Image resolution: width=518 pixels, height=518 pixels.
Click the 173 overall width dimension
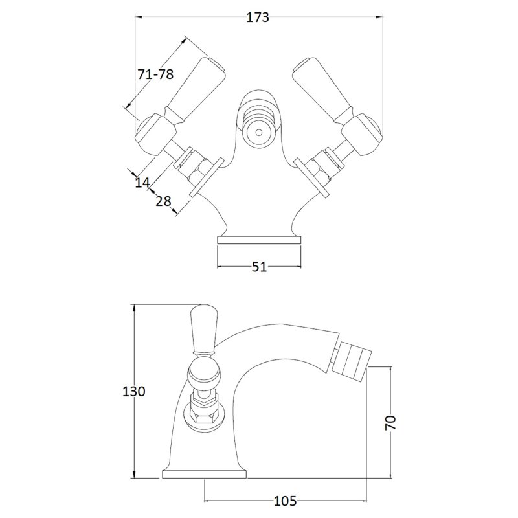point(258,17)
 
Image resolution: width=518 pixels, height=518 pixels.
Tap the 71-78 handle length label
point(155,74)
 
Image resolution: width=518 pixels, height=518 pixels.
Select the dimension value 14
point(142,183)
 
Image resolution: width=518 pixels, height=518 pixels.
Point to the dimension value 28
point(164,201)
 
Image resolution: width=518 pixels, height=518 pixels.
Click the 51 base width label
point(259,267)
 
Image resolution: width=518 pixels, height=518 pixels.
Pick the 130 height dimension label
point(134,391)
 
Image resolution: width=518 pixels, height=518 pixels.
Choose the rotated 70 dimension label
point(390,423)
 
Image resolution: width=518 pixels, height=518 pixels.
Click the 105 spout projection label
point(285,501)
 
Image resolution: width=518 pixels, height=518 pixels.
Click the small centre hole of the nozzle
point(259,133)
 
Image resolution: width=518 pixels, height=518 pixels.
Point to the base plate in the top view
point(259,240)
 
